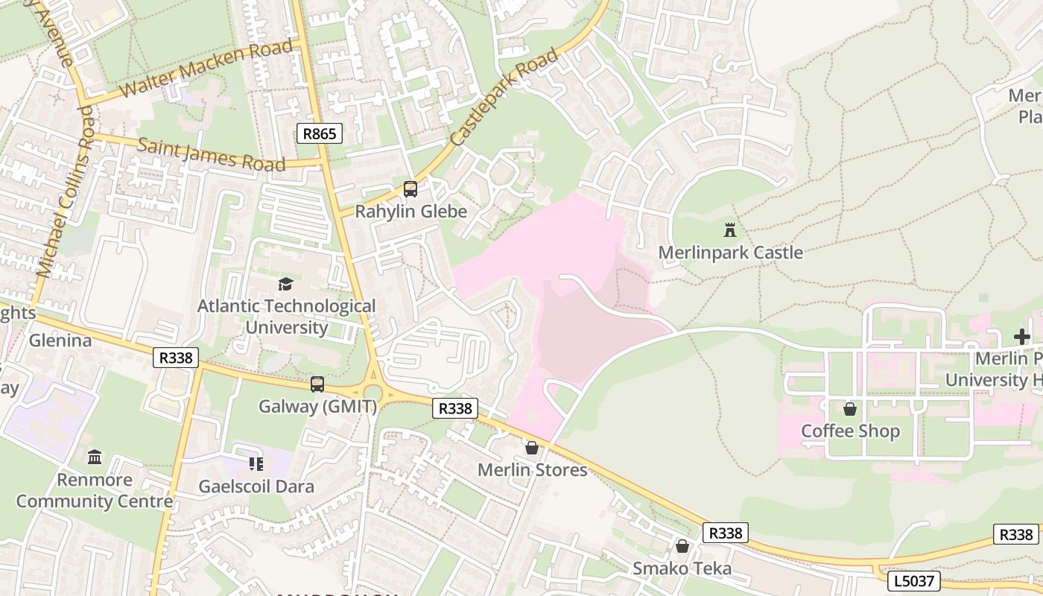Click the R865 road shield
tap(320, 133)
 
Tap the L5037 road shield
tap(913, 580)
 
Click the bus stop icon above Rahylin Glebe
tap(410, 189)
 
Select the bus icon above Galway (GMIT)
tap(317, 384)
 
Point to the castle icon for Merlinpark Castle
tap(730, 229)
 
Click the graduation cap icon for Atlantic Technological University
tap(285, 284)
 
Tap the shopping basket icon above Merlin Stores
tap(532, 448)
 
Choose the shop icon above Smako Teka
tap(682, 546)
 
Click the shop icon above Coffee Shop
tap(850, 409)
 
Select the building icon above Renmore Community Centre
tap(95, 457)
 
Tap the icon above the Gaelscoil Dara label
tap(256, 464)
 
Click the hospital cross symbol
tap(1021, 337)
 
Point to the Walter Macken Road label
tap(207, 69)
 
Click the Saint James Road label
tap(212, 153)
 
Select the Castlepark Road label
tap(504, 97)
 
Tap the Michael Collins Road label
tap(66, 192)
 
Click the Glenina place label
tap(60, 340)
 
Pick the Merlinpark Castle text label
tap(730, 253)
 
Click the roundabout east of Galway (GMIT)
tap(372, 390)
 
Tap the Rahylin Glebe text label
tap(410, 212)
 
